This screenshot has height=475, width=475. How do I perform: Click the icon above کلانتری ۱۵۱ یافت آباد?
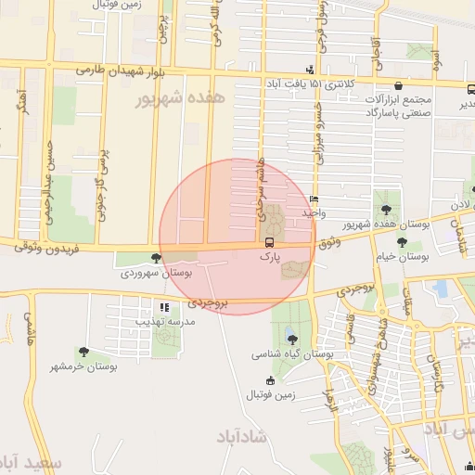tap(310, 70)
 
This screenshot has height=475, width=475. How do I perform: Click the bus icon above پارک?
tap(269, 242)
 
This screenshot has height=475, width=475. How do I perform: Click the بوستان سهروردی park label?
tap(156, 274)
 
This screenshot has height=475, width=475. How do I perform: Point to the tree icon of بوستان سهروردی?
tap(157, 259)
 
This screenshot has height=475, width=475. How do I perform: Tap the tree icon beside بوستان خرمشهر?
tap(84, 352)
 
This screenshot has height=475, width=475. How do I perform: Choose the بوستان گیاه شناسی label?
tap(293, 354)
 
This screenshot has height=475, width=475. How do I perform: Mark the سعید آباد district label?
tap(28, 461)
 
